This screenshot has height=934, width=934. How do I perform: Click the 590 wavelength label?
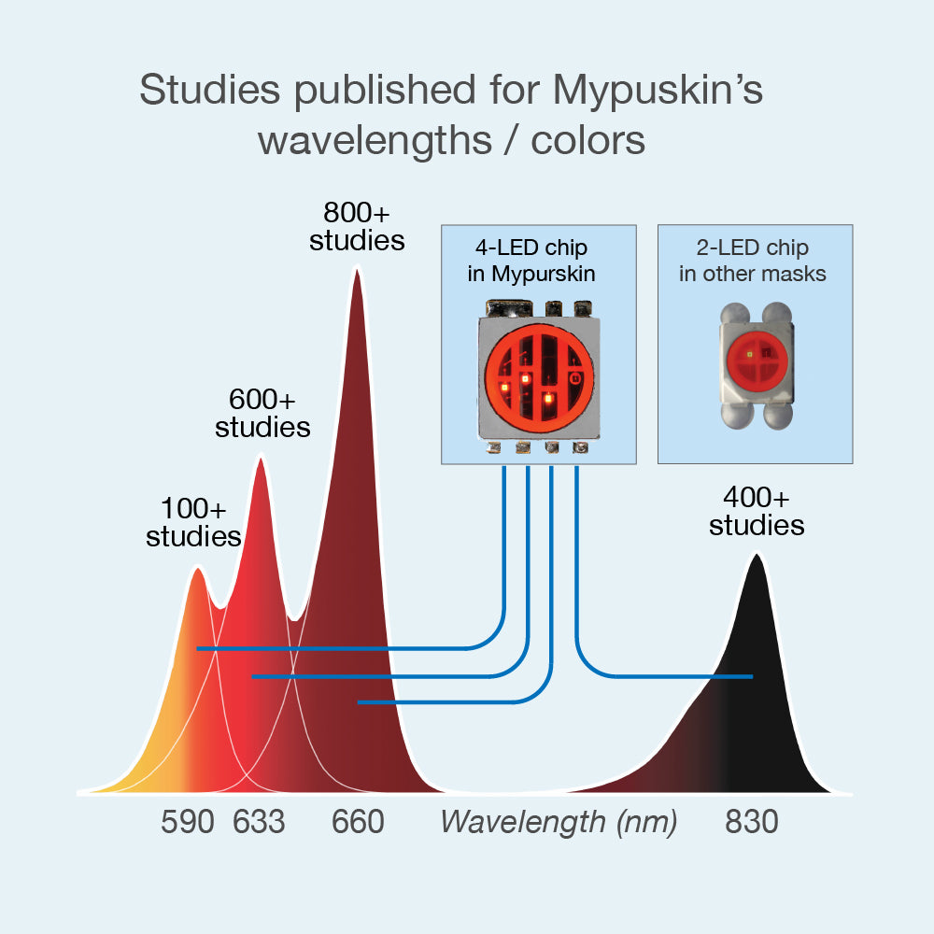click(x=187, y=822)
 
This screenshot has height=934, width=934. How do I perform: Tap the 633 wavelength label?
click(x=259, y=822)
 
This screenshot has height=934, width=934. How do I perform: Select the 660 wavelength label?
click(x=358, y=822)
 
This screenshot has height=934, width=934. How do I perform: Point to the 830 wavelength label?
click(x=751, y=822)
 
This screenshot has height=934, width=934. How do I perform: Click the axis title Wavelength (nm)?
click(x=559, y=823)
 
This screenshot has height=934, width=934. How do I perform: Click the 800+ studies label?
click(x=357, y=226)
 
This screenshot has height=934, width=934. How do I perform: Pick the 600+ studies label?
click(x=262, y=413)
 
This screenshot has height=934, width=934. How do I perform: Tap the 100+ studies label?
click(x=193, y=522)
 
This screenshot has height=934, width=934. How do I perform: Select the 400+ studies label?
click(x=757, y=511)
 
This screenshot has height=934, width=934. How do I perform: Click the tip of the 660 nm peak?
click(x=357, y=271)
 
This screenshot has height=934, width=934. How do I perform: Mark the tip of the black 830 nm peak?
click(x=757, y=555)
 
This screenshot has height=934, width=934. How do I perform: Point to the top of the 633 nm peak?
click(x=261, y=458)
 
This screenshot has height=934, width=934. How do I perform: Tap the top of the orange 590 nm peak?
click(x=198, y=569)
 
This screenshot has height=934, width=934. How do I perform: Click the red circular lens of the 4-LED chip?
click(x=539, y=378)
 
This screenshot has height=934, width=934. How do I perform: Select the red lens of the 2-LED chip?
click(x=757, y=361)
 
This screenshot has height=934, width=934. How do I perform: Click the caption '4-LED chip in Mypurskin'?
click(x=531, y=261)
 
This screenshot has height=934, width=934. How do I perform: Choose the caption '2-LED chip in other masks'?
click(x=752, y=261)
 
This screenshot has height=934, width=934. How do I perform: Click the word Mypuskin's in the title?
click(x=658, y=90)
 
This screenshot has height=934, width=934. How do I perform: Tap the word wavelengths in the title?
click(x=375, y=141)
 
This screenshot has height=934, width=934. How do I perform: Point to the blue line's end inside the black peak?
click(x=752, y=676)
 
